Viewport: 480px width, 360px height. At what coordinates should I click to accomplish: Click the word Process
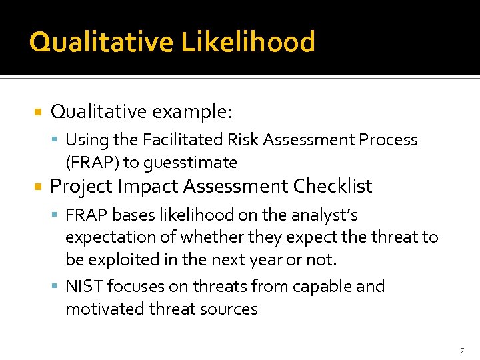(388, 140)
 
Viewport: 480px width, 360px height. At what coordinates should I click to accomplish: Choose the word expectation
(107, 237)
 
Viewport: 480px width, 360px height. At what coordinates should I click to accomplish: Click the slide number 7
(461, 350)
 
